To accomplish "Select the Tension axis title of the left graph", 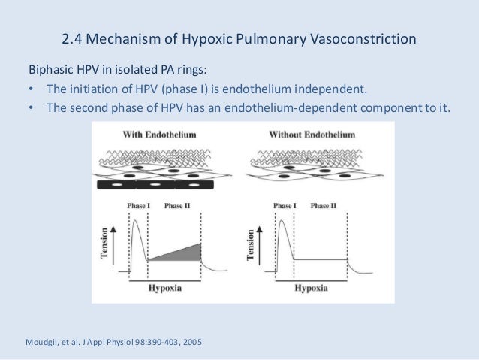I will pyautogui.click(x=105, y=244).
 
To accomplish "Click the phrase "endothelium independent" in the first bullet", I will pyautogui.click(x=304, y=90).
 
